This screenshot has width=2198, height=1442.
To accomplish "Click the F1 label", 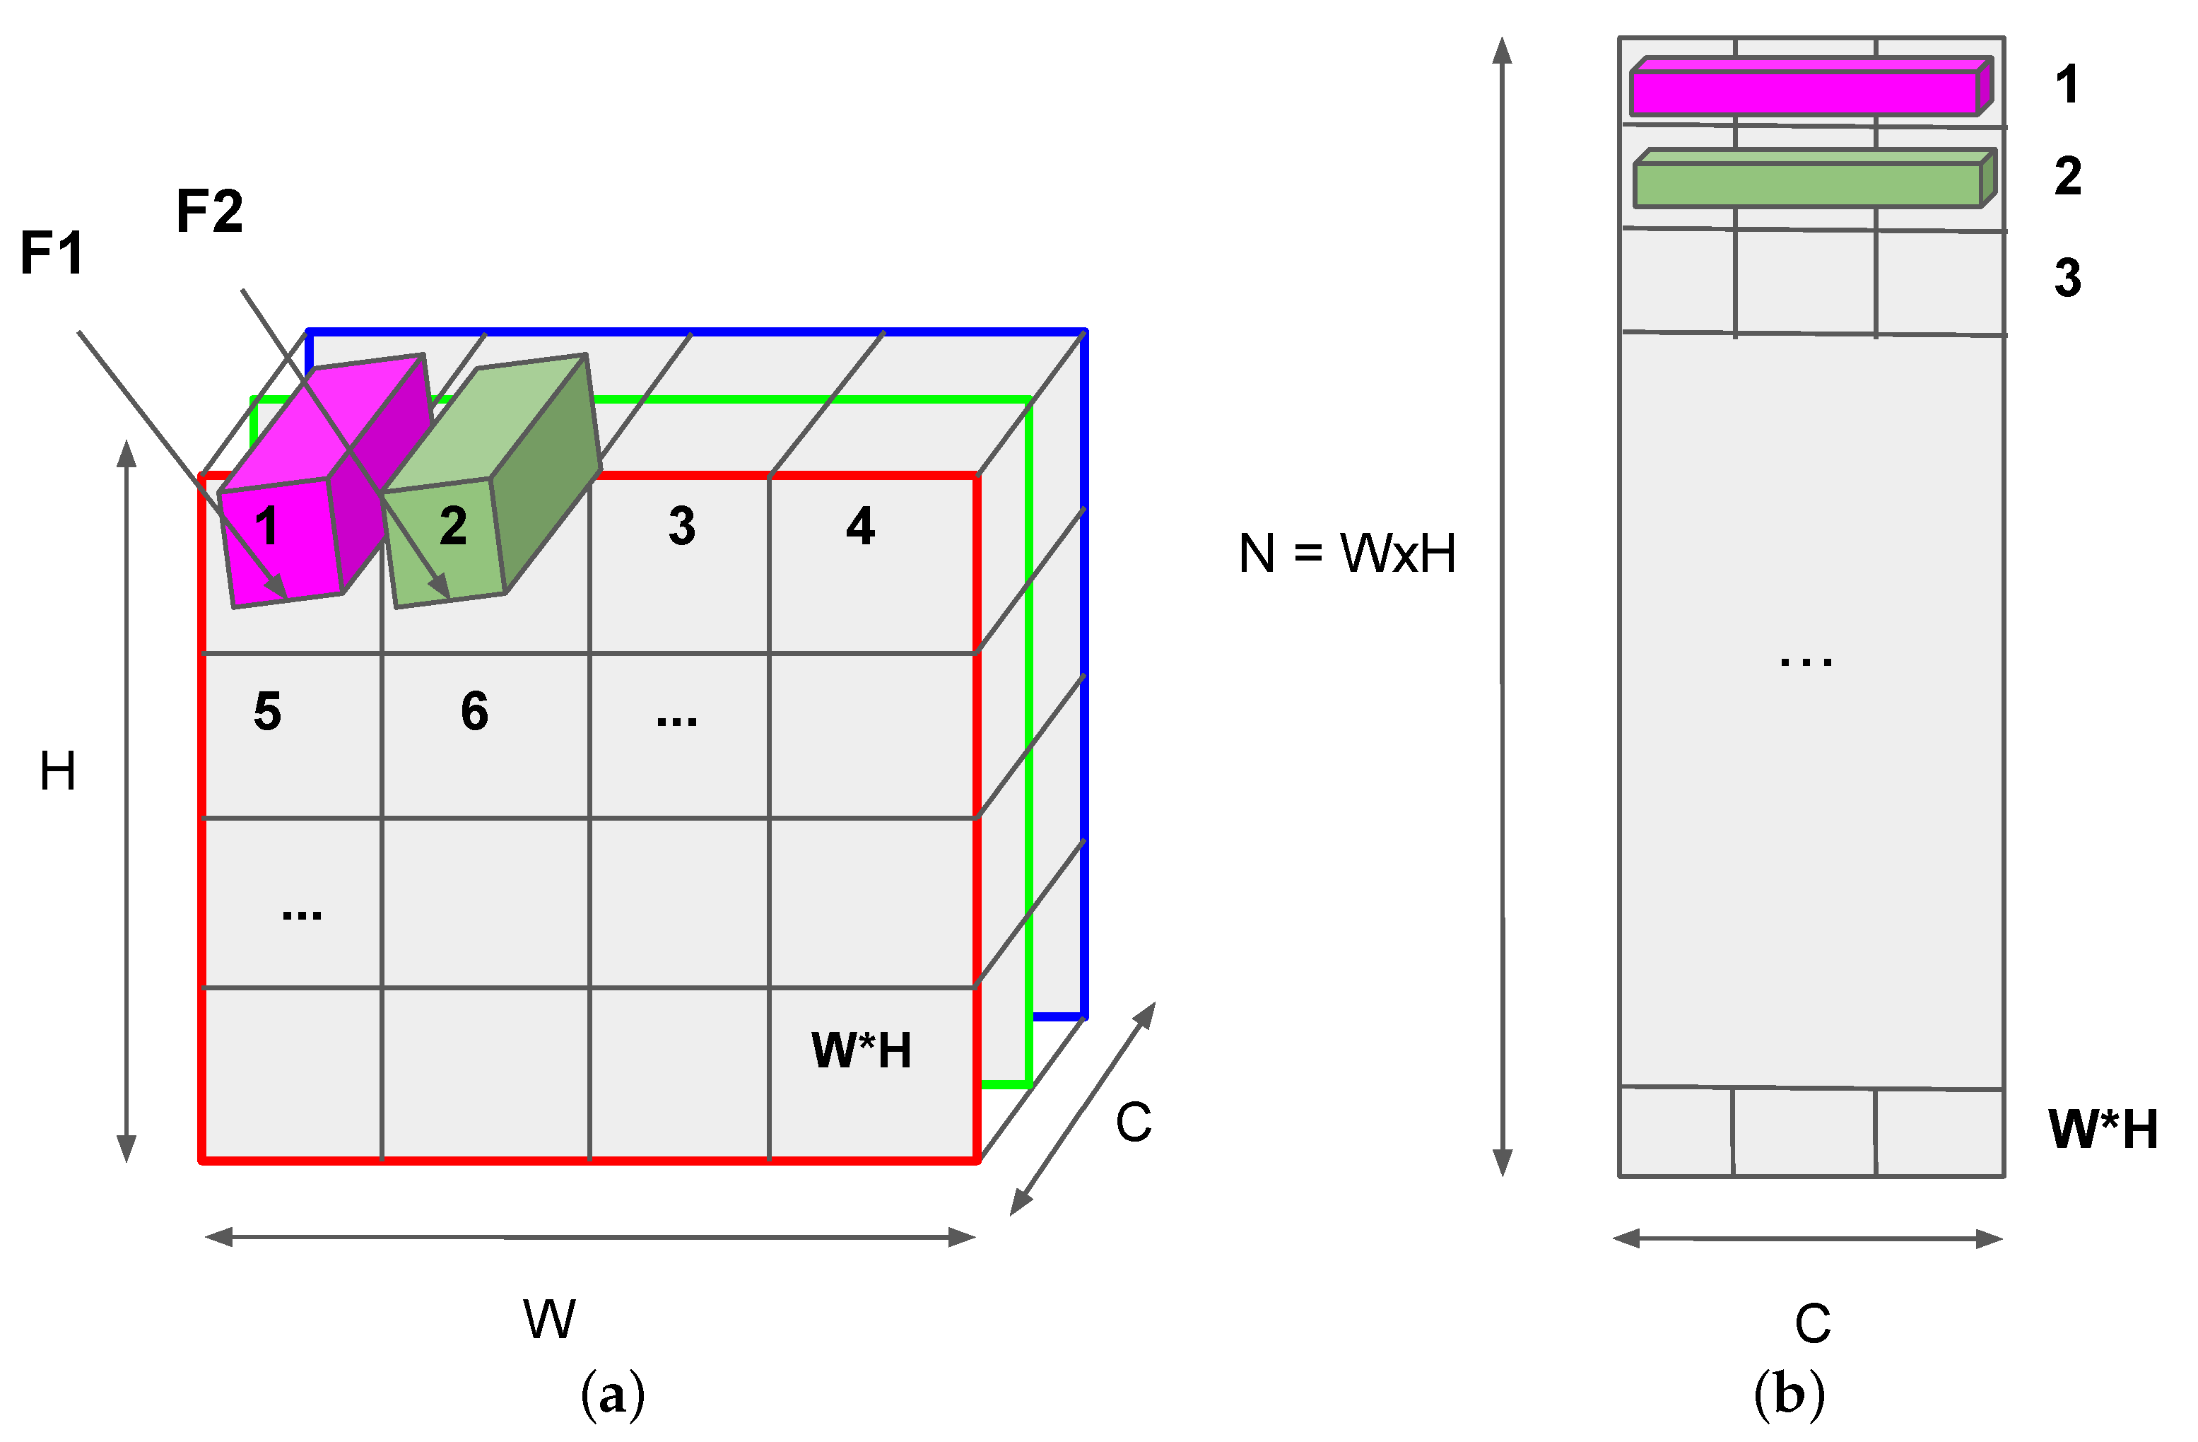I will point(52,253).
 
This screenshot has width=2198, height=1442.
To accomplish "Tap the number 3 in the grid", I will point(681,527).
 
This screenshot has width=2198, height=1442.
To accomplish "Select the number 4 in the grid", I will point(860,527).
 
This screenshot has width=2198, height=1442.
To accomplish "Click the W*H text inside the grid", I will point(861,1051).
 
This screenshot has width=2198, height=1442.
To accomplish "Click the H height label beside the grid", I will point(57,771).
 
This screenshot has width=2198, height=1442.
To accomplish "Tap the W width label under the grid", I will point(550,1319).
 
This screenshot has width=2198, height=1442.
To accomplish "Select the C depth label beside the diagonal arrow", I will point(1133,1123).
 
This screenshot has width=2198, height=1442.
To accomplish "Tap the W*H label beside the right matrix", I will point(2103,1130).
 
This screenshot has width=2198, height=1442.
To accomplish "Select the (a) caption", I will point(612,1394).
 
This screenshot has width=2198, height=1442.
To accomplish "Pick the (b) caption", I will point(1789,1394).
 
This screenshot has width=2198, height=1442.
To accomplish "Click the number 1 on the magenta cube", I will point(267,527).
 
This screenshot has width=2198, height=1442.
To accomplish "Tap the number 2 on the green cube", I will point(452,527).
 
